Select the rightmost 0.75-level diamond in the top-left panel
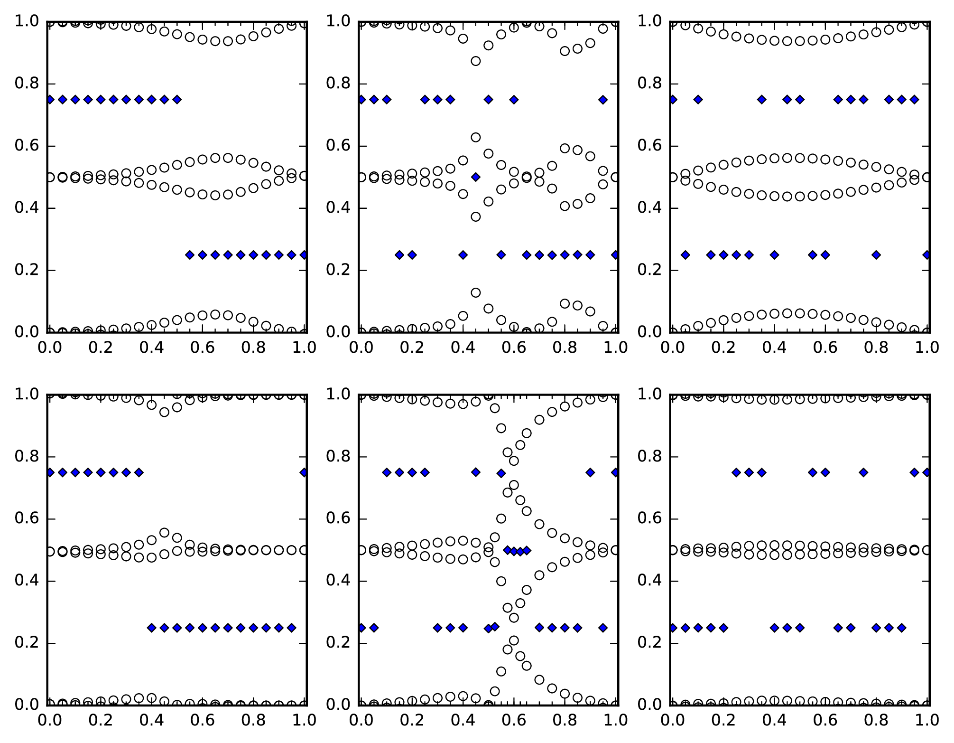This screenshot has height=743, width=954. click(x=177, y=99)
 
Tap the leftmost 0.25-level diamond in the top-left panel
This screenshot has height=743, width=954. click(x=190, y=255)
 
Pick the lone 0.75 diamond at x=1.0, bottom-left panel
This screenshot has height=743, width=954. click(x=304, y=472)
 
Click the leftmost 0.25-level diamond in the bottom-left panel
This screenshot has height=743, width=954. click(x=152, y=628)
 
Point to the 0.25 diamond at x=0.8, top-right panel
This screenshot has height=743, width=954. click(x=876, y=255)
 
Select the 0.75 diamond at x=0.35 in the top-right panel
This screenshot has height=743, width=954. click(x=761, y=99)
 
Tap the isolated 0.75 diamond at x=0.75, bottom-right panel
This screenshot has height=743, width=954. click(x=863, y=472)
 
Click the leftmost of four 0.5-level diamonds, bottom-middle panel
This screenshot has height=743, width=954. click(x=507, y=550)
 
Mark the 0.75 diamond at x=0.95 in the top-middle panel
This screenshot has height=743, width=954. click(x=603, y=99)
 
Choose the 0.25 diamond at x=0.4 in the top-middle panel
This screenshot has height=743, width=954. click(x=463, y=255)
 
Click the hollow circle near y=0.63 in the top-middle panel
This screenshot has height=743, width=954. click(x=475, y=137)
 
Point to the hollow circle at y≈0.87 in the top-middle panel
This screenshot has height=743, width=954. click(x=475, y=61)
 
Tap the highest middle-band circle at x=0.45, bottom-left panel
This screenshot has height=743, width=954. click(x=164, y=533)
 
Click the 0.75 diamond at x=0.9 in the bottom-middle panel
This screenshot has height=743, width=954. click(x=590, y=472)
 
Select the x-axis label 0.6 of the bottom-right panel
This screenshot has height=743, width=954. click(x=825, y=720)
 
